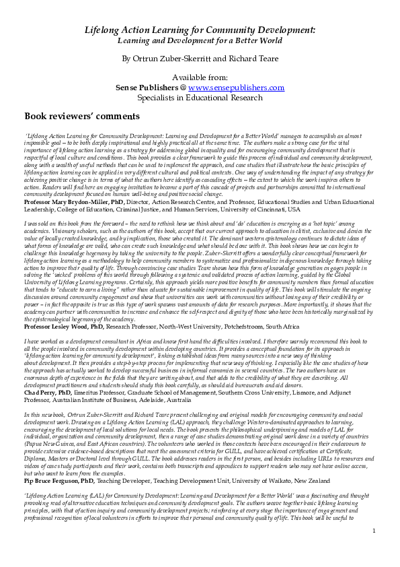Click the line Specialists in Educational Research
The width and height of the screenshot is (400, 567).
tap(200, 98)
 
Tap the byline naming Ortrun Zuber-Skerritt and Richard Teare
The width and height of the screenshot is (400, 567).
tap(200, 59)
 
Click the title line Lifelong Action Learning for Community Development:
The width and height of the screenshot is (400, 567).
tap(200, 31)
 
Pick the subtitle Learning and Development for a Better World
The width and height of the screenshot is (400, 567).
tap(200, 41)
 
